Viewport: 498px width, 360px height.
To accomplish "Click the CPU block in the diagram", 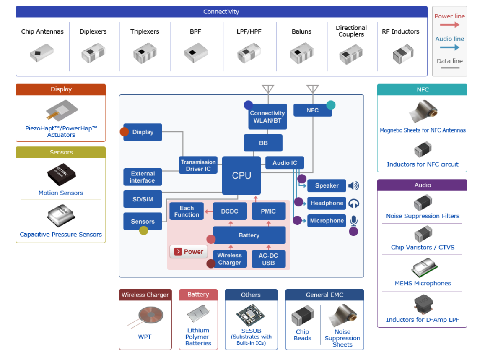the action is click(241, 175).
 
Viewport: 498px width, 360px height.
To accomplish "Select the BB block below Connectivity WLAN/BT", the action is click(263, 143).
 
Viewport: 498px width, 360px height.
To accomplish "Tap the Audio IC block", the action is click(285, 163).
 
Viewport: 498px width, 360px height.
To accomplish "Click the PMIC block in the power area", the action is click(268, 211).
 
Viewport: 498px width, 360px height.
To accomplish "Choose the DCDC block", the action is click(230, 211).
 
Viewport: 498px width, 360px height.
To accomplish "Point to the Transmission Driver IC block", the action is click(198, 165).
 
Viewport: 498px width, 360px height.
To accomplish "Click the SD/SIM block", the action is click(143, 199).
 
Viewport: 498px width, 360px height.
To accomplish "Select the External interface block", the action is click(143, 177).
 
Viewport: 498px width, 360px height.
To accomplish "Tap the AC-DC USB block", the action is click(268, 259).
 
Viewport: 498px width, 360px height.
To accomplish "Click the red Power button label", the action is click(189, 252).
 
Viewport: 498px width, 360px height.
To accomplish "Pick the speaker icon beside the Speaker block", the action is click(353, 186).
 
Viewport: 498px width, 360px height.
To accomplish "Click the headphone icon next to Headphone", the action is click(353, 203).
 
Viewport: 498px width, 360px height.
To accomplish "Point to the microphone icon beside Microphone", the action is click(353, 220).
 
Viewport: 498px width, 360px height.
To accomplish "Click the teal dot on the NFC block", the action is click(331, 105).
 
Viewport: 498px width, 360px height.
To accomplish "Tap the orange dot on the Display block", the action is click(124, 132).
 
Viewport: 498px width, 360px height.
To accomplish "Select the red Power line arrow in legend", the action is click(450, 25).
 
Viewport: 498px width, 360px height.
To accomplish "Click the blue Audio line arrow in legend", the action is click(450, 47).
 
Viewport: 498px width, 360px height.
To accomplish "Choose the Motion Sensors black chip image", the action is click(61, 175).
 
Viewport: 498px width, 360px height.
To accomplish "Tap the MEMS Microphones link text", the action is click(423, 283).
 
